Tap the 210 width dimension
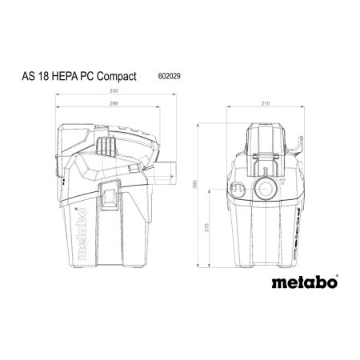point(266,104)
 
